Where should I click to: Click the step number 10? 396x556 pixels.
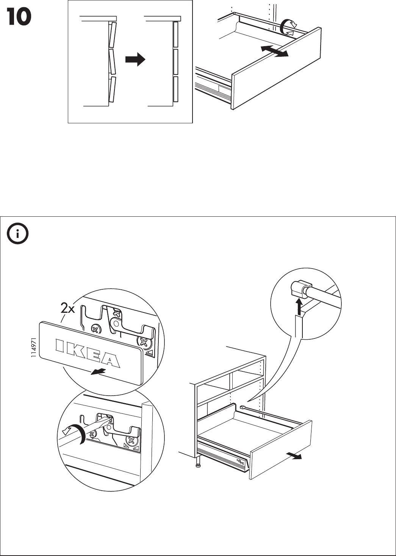click(19, 17)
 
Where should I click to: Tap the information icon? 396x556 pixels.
click(17, 235)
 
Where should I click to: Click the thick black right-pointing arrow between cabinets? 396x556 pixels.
click(135, 59)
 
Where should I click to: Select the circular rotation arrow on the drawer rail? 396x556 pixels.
click(288, 28)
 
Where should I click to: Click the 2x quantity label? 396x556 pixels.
click(68, 309)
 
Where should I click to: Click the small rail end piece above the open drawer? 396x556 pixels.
click(243, 407)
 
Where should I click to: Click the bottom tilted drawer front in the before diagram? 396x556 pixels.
click(112, 90)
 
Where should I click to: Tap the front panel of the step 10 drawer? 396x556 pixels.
click(277, 70)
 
